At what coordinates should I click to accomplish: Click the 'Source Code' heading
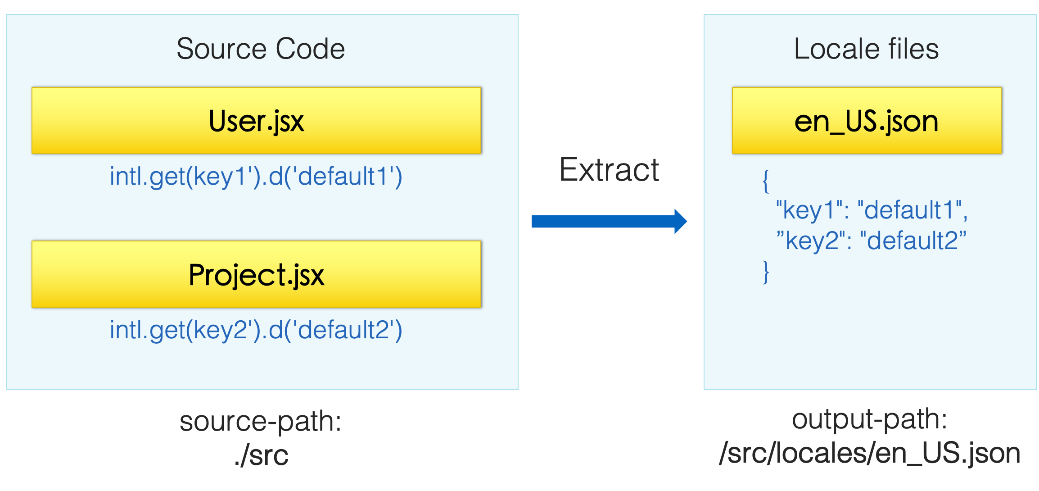[261, 49]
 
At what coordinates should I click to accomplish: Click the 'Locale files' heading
[866, 49]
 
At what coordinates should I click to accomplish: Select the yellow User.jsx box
[257, 121]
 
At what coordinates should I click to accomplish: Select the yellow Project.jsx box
[257, 274]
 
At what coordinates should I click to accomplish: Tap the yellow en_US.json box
[867, 121]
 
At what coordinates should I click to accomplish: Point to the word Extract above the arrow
[609, 170]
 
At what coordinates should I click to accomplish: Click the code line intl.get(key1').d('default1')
[256, 176]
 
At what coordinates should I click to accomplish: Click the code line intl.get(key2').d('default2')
[256, 330]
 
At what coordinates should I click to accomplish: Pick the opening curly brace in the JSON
[766, 181]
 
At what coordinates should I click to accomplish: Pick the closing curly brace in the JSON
[766, 272]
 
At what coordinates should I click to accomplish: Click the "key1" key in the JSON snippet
[809, 210]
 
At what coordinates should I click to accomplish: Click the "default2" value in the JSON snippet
[913, 240]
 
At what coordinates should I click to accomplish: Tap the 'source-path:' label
[261, 422]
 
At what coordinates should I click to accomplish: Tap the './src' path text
[261, 455]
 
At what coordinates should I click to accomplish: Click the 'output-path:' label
[869, 419]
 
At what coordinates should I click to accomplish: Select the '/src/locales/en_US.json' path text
[869, 453]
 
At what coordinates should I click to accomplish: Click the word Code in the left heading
[310, 49]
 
